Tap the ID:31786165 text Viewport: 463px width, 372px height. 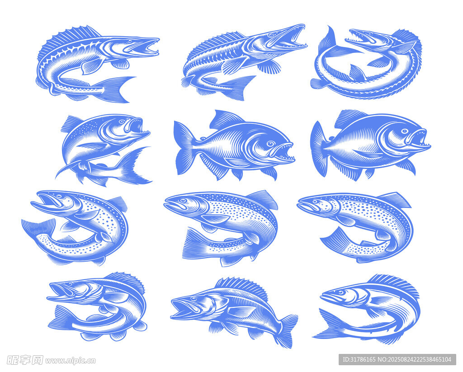(359, 359)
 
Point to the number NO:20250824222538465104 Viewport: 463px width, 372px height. (415, 359)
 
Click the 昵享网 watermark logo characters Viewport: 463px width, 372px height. (24, 360)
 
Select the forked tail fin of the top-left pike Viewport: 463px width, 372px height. (113, 89)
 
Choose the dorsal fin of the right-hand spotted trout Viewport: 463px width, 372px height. (394, 200)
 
